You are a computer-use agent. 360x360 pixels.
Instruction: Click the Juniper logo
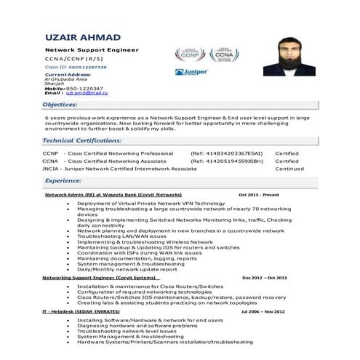click(x=191, y=72)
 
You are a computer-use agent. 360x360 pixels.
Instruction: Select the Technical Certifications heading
click(x=82, y=140)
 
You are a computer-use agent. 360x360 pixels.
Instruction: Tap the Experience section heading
click(x=63, y=180)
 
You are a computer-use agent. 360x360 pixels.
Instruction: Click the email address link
click(x=87, y=93)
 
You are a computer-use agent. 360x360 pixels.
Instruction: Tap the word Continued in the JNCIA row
click(x=289, y=168)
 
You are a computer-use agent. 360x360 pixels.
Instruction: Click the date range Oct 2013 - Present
click(x=258, y=196)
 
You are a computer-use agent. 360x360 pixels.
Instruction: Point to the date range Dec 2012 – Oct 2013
click(x=265, y=278)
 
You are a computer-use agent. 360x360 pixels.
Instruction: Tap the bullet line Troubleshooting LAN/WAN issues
click(x=121, y=236)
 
